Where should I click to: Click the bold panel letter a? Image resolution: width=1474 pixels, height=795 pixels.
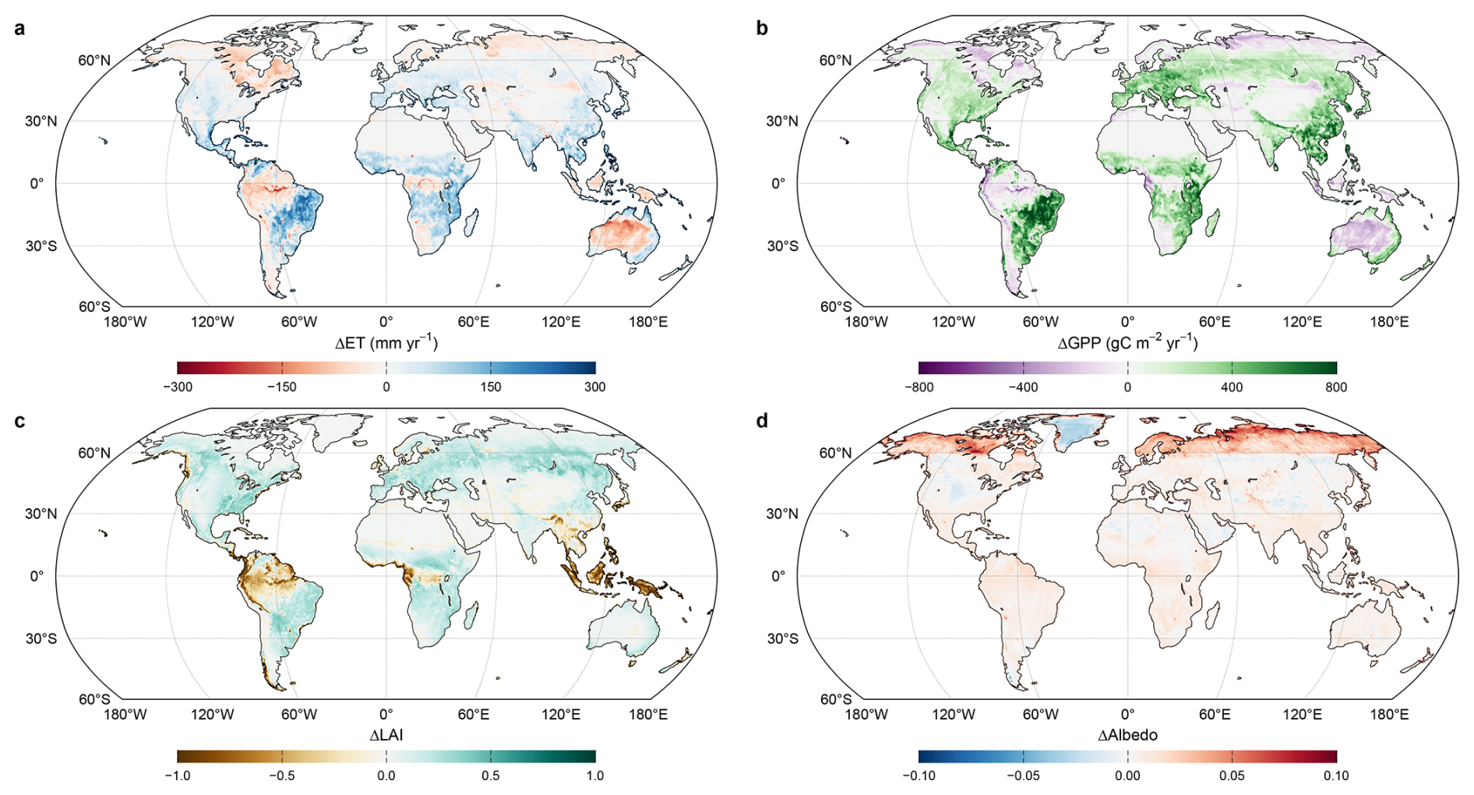(x=19, y=29)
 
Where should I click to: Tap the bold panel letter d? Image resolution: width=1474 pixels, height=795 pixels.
(x=762, y=421)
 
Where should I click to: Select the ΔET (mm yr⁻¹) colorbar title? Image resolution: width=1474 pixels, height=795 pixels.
(x=386, y=343)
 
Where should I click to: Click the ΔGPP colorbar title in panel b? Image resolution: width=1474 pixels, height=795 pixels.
(x=1127, y=343)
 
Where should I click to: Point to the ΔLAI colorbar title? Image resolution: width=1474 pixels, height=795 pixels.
(x=386, y=735)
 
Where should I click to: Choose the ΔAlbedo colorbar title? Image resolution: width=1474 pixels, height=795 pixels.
(x=1127, y=735)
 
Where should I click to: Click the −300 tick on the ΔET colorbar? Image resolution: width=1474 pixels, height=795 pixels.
(x=178, y=387)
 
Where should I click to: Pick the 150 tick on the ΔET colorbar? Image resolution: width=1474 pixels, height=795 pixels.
(x=491, y=387)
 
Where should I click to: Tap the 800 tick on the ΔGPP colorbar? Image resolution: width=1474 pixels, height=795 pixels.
(x=1336, y=387)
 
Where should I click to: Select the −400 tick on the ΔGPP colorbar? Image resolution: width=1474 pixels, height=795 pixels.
(x=1023, y=387)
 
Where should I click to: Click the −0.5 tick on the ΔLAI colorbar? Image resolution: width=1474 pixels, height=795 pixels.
(x=282, y=776)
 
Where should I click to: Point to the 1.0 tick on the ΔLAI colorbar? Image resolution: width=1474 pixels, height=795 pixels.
(x=595, y=776)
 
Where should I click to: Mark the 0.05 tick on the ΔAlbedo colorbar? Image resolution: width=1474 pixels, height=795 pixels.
(x=1232, y=776)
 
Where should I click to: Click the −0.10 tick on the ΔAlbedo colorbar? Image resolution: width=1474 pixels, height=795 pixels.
(x=919, y=776)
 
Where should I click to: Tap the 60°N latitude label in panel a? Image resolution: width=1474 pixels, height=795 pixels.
(x=94, y=61)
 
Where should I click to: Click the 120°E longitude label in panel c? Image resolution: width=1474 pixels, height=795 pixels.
(x=561, y=715)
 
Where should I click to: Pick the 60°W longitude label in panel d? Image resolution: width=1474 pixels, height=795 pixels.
(x=1041, y=715)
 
